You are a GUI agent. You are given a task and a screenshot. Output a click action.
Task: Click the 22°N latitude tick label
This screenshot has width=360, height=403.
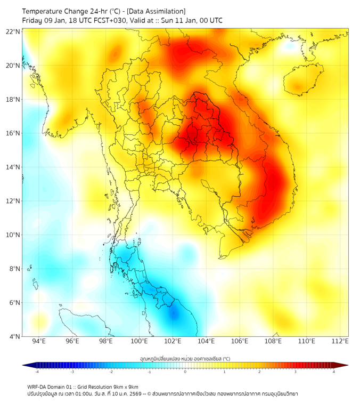13,31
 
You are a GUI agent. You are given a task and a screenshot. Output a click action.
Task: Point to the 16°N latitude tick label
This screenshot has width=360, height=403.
13,133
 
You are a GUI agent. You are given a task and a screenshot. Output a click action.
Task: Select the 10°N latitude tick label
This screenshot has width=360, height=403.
13,235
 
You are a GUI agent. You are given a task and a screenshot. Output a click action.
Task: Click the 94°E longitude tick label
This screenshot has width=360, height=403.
39,342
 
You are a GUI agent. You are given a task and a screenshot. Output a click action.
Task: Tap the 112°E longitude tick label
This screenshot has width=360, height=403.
340,342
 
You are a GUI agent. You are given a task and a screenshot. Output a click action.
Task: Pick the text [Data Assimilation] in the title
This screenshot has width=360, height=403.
156,11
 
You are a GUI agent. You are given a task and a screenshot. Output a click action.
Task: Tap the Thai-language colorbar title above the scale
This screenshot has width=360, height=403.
185,358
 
